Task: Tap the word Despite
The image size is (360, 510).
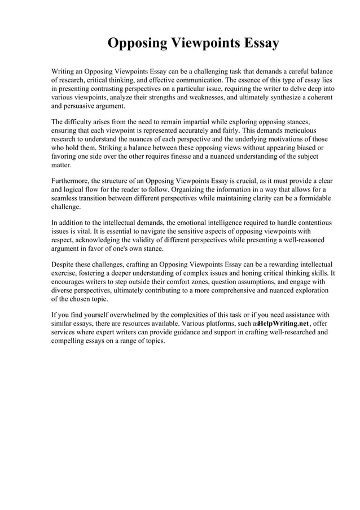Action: tap(64, 264)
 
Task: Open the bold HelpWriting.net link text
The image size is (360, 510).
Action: tap(283, 324)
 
